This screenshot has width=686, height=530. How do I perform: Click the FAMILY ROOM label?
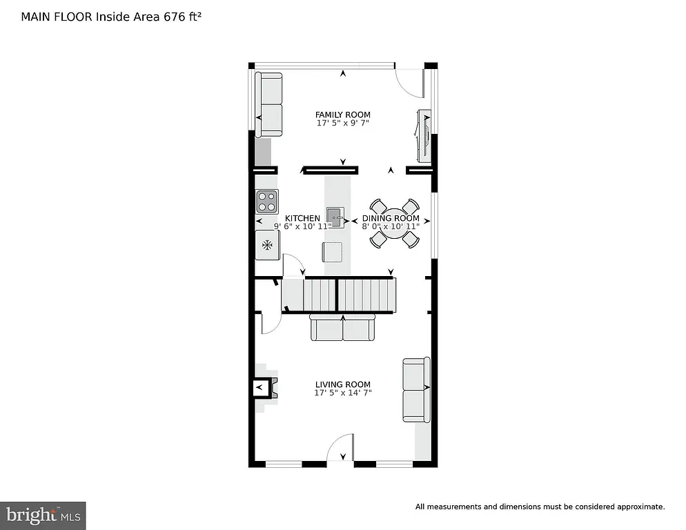tap(342, 115)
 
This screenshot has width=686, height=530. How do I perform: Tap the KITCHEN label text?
tap(302, 218)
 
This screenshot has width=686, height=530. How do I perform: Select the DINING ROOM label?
tap(391, 218)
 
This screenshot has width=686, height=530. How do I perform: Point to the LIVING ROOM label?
tap(342, 384)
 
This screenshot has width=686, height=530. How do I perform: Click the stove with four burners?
tap(266, 201)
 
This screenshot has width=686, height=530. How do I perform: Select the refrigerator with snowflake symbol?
tap(267, 245)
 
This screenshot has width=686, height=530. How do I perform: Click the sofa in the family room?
tap(268, 105)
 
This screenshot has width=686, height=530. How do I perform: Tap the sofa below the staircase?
tap(342, 328)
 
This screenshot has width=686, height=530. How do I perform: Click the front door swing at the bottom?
tap(341, 450)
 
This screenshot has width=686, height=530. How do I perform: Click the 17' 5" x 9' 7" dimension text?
tap(342, 124)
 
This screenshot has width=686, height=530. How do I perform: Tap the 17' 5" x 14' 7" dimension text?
tap(342, 393)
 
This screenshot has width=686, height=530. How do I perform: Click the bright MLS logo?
tap(43, 515)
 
